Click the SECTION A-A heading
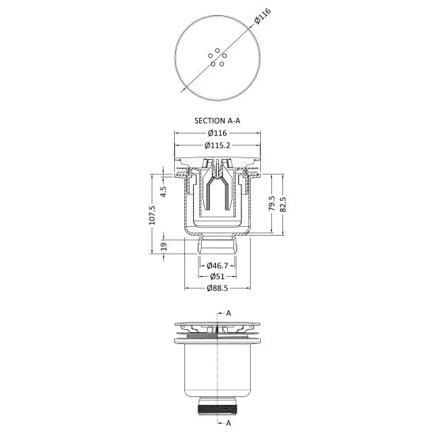217,121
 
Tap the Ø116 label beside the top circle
262,17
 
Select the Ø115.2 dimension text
217,145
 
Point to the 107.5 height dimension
153,214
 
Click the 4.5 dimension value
164,191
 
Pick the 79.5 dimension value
272,203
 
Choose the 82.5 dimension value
282,205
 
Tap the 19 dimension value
164,246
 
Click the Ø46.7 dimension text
217,266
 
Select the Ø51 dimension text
217,277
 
